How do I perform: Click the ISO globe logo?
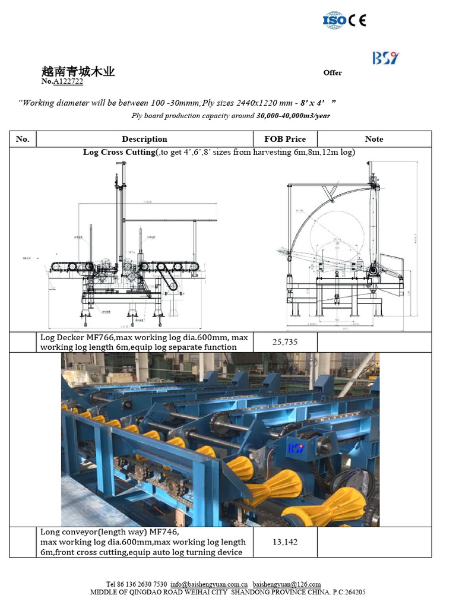tap(334, 20)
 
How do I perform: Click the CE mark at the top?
tap(357, 20)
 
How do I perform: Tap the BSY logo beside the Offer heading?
tap(385, 58)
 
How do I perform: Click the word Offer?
tap(332, 72)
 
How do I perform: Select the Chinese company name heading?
tap(78, 72)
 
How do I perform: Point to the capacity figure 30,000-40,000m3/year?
tap(293, 116)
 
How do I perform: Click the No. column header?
tap(23, 139)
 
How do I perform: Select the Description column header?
tap(144, 139)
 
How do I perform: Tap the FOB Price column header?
tap(287, 139)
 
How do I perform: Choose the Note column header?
tap(374, 139)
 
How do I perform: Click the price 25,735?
tap(284, 342)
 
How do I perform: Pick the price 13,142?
tap(284, 542)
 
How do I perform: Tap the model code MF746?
tap(164, 532)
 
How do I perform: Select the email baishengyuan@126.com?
tap(286, 584)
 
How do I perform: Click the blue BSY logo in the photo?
tap(294, 448)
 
